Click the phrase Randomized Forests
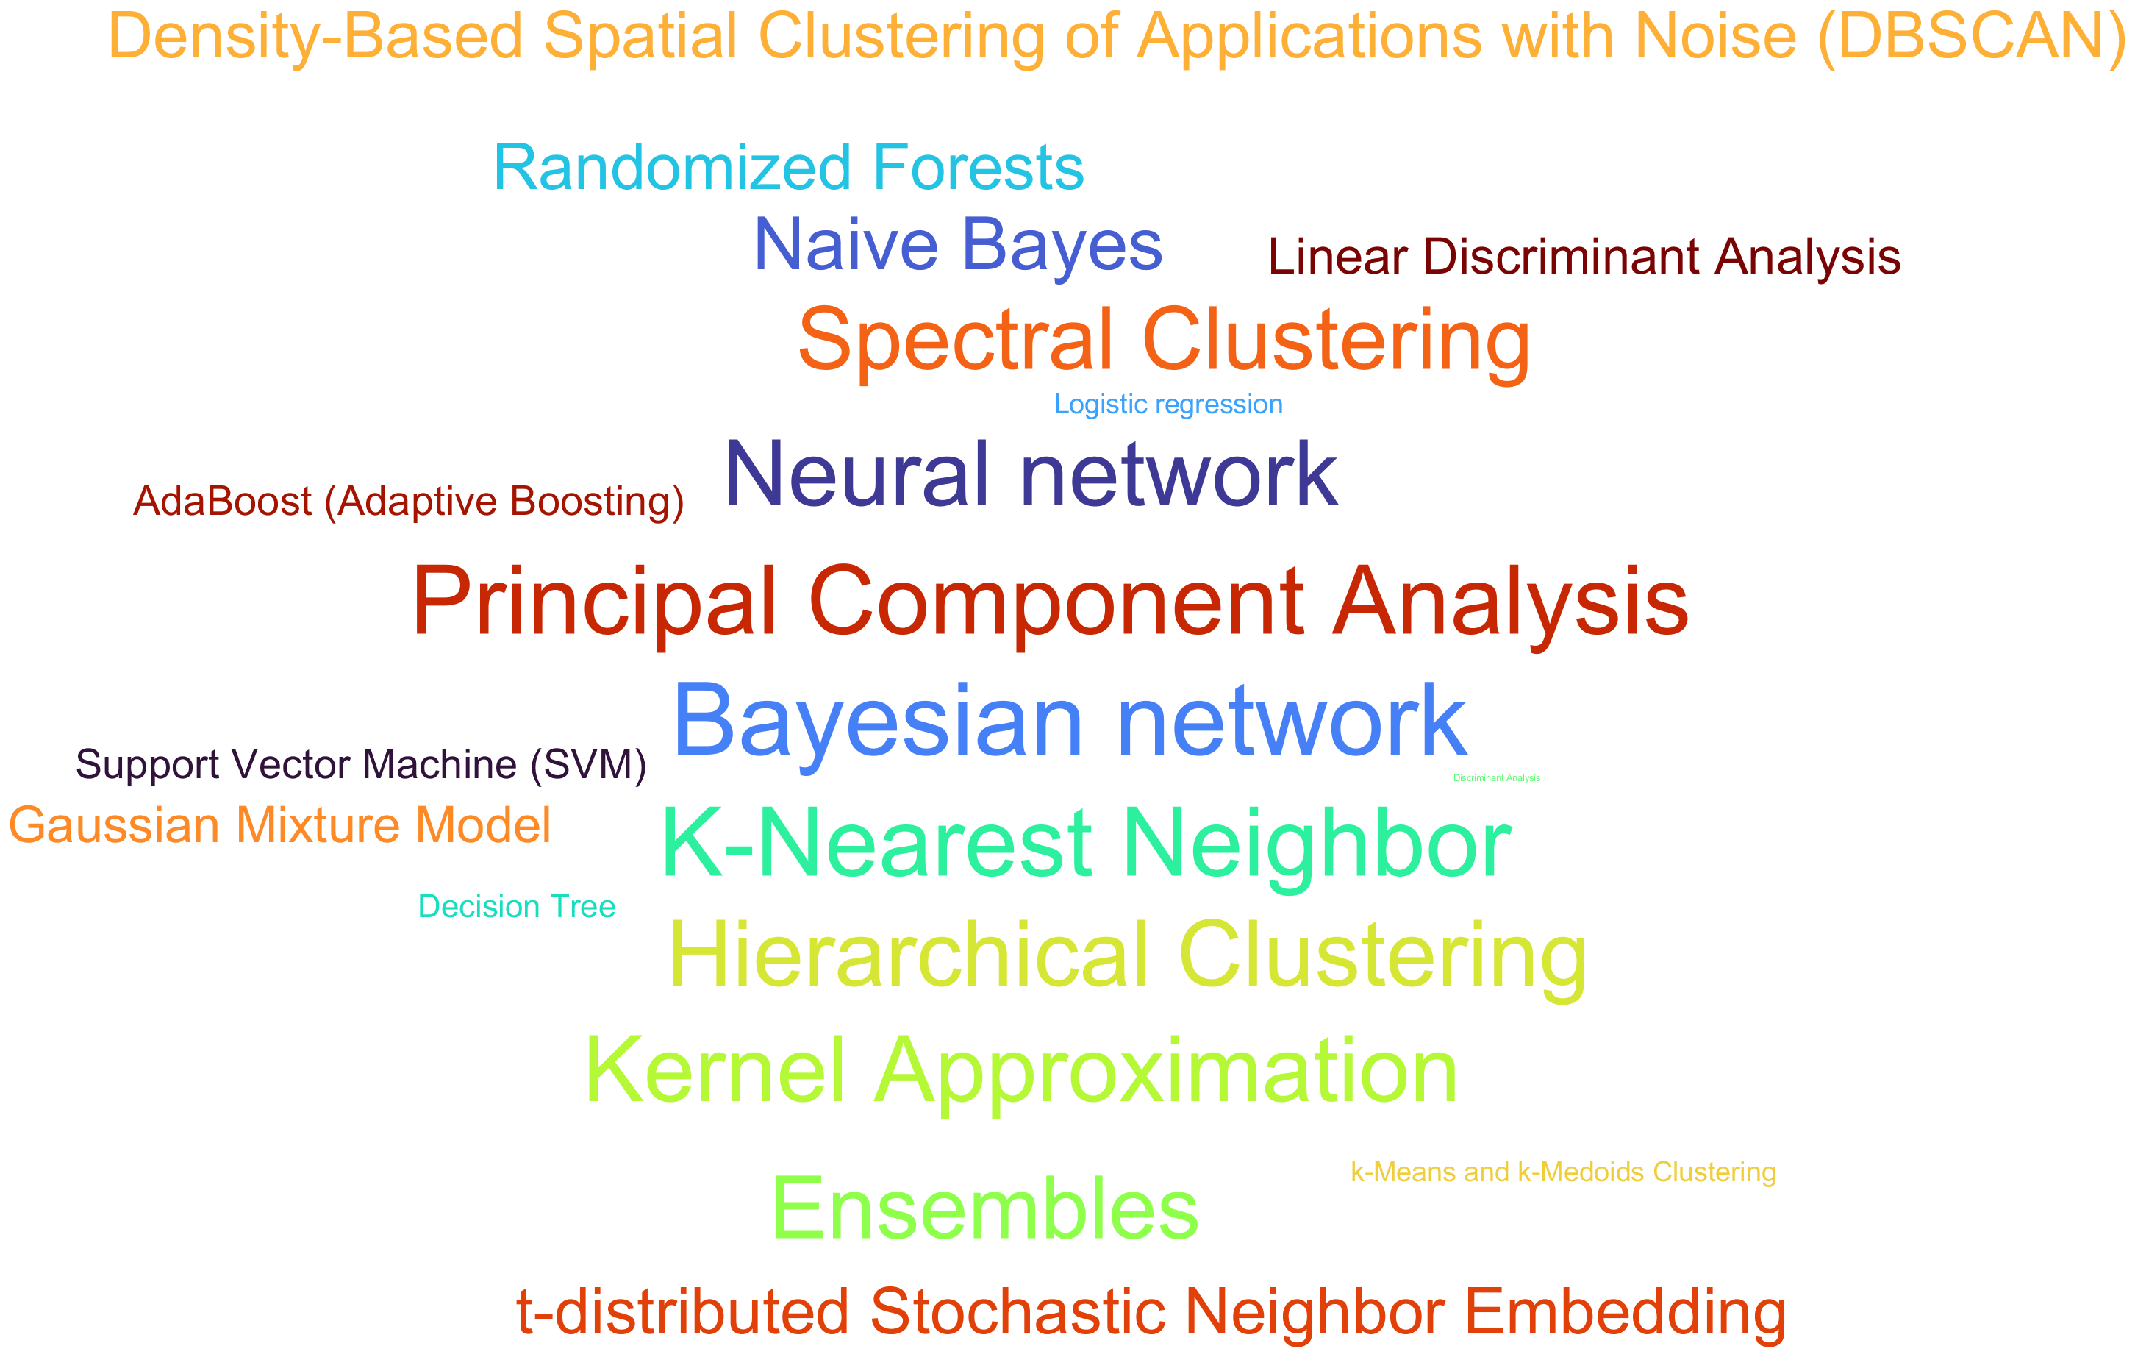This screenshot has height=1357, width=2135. pyautogui.click(x=788, y=167)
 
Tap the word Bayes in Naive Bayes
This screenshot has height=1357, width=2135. pyautogui.click(x=1062, y=245)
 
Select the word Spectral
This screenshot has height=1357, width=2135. pyautogui.click(x=955, y=341)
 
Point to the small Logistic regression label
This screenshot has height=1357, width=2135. pyautogui.click(x=1167, y=405)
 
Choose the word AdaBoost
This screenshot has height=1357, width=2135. pyautogui.click(x=221, y=502)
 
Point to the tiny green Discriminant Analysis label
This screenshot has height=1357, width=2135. pyautogui.click(x=1497, y=778)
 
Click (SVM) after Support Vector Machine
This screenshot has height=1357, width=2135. pyautogui.click(x=589, y=764)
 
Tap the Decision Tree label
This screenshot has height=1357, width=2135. pyautogui.click(x=516, y=906)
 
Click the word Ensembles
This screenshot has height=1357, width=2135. pyautogui.click(x=985, y=1209)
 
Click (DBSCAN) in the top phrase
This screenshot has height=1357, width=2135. pyautogui.click(x=1970, y=38)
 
